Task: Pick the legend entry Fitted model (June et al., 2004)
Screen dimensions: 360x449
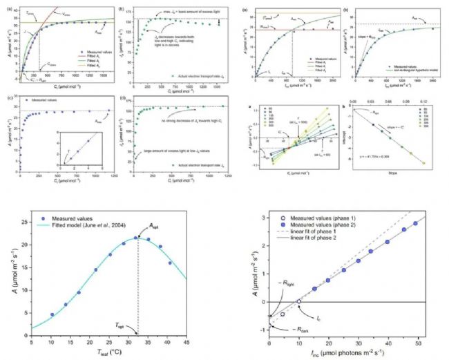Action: click(x=86, y=226)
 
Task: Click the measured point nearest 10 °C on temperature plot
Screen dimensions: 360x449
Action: click(x=51, y=315)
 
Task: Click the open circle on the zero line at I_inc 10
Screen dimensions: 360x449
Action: click(x=298, y=301)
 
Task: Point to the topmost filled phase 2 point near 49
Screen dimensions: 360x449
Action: click(x=415, y=224)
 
